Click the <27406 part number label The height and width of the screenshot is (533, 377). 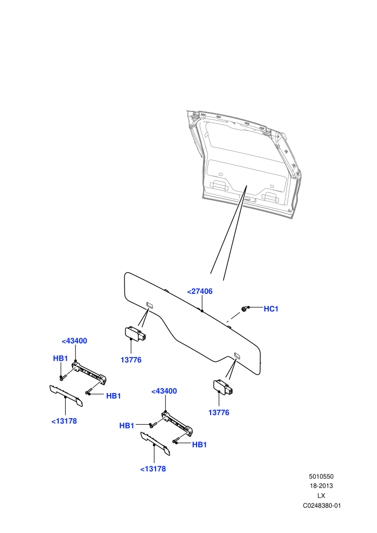[x=200, y=291]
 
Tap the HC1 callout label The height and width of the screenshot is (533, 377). [x=271, y=308]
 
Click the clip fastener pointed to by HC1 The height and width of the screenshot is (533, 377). [x=244, y=308]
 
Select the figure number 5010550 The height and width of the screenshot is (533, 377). [x=321, y=476]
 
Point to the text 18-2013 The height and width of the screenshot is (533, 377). [x=321, y=486]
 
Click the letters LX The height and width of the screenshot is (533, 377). [x=321, y=496]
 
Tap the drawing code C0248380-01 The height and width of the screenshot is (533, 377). [x=322, y=506]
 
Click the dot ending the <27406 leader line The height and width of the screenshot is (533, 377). [x=202, y=311]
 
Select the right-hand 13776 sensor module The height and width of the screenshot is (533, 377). [x=224, y=387]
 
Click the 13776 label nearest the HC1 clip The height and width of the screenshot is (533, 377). [x=219, y=412]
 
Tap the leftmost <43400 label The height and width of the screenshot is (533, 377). [x=74, y=341]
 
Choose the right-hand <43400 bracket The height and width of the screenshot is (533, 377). [x=177, y=423]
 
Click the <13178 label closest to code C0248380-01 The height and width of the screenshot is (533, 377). [x=153, y=469]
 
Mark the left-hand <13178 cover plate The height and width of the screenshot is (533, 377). [x=66, y=396]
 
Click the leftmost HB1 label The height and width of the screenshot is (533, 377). [x=60, y=358]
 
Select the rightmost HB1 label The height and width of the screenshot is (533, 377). [x=199, y=445]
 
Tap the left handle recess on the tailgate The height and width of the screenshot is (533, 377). [x=218, y=186]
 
